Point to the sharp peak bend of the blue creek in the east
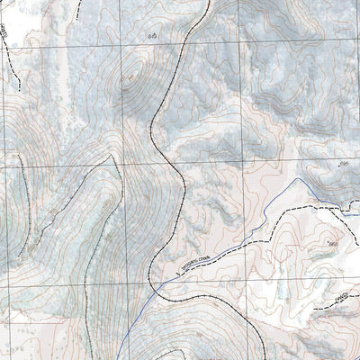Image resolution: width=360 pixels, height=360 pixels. click(296, 183)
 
